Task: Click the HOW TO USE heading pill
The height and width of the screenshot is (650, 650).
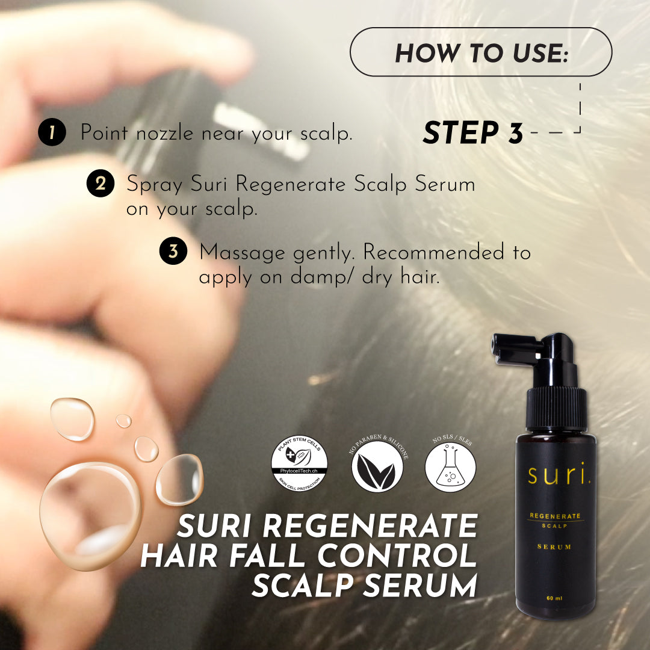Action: point(481,52)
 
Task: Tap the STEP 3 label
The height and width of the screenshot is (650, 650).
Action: point(473,132)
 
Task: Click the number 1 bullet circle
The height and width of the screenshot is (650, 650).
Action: point(52,132)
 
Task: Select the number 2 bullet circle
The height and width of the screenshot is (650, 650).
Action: point(101,183)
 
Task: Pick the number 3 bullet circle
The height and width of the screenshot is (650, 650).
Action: point(173,251)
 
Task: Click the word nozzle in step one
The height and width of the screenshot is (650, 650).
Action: point(165,133)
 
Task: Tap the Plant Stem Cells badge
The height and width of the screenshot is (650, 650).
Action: point(299,463)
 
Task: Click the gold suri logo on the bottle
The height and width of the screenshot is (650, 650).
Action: point(559,474)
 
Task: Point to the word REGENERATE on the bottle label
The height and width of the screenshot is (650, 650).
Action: point(555,516)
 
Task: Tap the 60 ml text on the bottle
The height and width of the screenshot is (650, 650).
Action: point(554,598)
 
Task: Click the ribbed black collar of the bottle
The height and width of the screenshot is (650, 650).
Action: point(556,408)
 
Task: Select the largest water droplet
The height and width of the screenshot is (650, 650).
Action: point(90,516)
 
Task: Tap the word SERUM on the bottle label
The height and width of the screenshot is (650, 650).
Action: point(554,546)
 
